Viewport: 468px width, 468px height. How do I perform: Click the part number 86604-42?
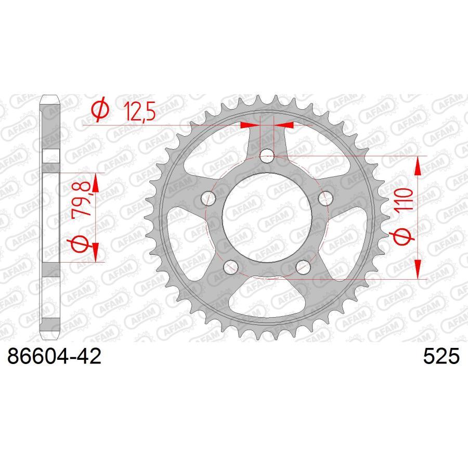pyautogui.click(x=53, y=357)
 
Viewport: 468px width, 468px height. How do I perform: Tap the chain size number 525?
pyautogui.click(x=442, y=357)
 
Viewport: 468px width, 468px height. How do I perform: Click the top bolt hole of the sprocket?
pyautogui.click(x=267, y=155)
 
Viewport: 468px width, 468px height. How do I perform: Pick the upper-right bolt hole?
pyautogui.click(x=326, y=198)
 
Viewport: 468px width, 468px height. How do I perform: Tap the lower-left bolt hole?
pyautogui.click(x=230, y=266)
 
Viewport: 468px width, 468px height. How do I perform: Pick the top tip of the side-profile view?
pyautogui.click(x=49, y=96)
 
